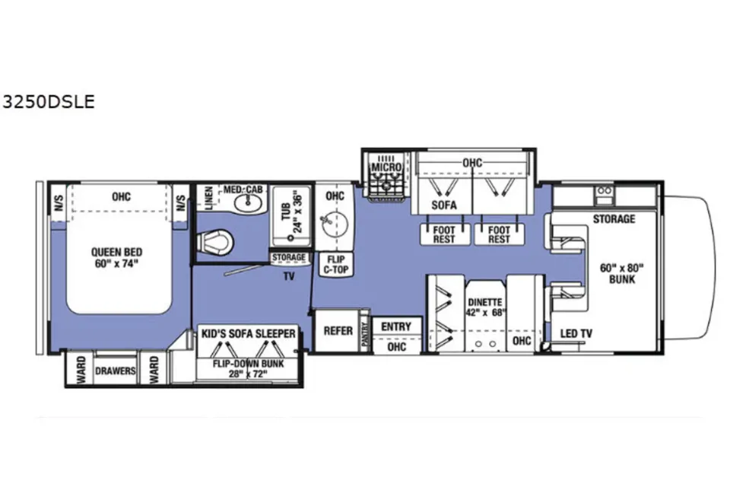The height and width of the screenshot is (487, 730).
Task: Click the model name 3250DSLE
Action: click(x=49, y=102)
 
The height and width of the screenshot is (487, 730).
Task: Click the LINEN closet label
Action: click(x=208, y=199)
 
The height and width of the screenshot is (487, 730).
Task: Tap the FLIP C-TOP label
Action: click(x=335, y=264)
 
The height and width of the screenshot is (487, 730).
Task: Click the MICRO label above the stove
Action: click(x=386, y=167)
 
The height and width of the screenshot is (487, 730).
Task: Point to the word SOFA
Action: click(x=443, y=205)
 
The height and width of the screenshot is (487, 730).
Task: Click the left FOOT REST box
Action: click(x=444, y=234)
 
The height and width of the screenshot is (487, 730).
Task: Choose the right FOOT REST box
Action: click(x=499, y=234)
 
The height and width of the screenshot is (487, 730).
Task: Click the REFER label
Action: click(x=338, y=331)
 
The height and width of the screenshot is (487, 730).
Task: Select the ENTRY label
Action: click(x=396, y=326)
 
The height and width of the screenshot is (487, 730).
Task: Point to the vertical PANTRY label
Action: click(x=364, y=335)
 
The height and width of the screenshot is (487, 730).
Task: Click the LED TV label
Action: click(x=576, y=334)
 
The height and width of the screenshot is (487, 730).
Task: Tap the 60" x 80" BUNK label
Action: click(x=621, y=274)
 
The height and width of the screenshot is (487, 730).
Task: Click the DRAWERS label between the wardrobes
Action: click(x=116, y=371)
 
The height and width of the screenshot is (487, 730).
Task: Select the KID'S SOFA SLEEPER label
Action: click(x=248, y=334)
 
